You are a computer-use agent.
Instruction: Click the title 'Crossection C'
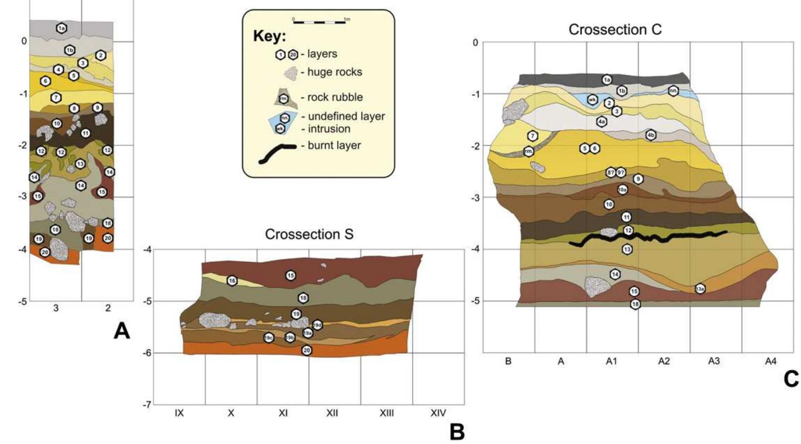click(x=615, y=30)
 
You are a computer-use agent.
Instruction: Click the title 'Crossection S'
click(x=309, y=234)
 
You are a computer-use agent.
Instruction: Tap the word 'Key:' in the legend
click(x=269, y=37)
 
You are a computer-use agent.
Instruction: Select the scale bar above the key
click(x=319, y=21)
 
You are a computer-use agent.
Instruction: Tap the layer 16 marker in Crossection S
click(x=232, y=281)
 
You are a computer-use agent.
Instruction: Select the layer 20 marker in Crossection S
click(x=307, y=350)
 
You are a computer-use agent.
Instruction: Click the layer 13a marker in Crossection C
click(x=700, y=289)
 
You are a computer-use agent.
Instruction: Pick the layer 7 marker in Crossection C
click(x=532, y=136)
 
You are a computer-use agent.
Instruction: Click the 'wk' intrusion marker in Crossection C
click(x=592, y=99)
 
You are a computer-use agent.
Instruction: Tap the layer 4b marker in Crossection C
click(x=651, y=135)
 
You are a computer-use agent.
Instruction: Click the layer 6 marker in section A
click(x=45, y=81)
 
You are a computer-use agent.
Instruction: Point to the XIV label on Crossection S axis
click(x=438, y=413)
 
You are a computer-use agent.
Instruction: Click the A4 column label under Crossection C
click(x=770, y=361)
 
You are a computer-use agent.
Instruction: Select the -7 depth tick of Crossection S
click(x=147, y=405)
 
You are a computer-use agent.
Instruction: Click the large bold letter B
click(x=457, y=432)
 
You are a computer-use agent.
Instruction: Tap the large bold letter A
click(x=122, y=331)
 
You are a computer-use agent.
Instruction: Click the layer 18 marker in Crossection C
click(x=636, y=304)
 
